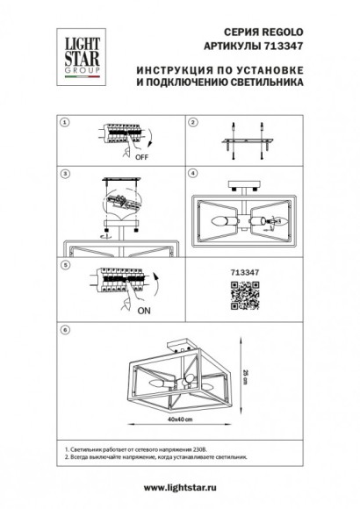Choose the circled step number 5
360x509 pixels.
point(60,263)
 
